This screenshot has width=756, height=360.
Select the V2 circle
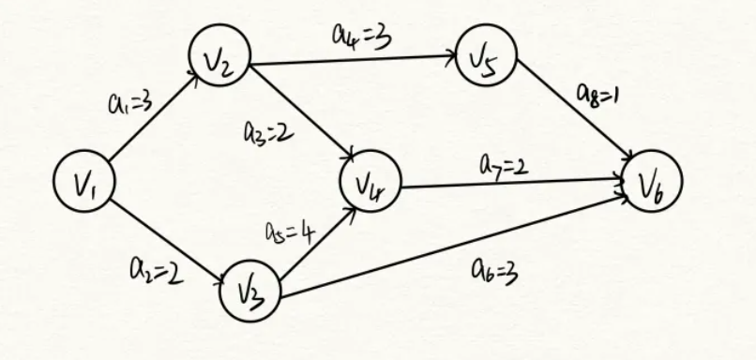[219, 58]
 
